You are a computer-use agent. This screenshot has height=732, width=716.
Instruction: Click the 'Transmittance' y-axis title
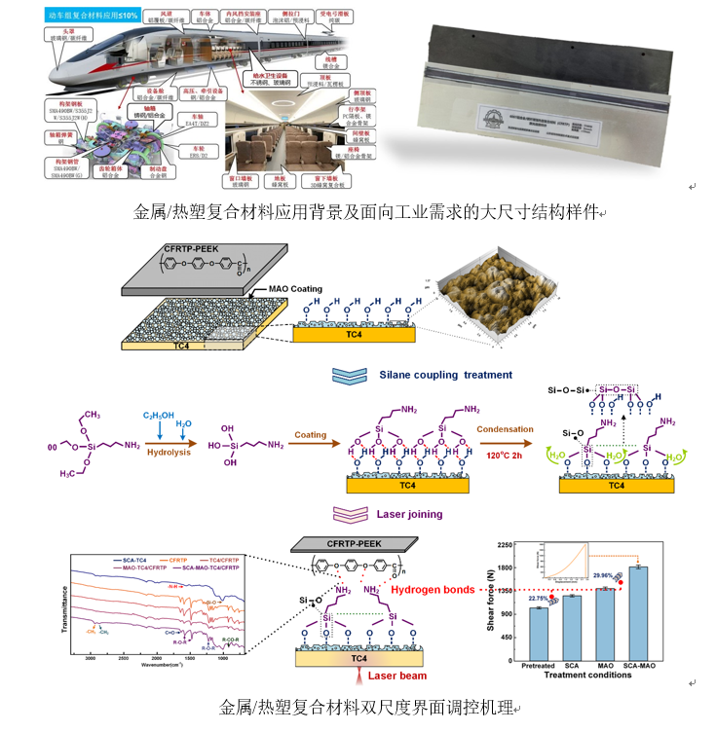pos(65,604)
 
